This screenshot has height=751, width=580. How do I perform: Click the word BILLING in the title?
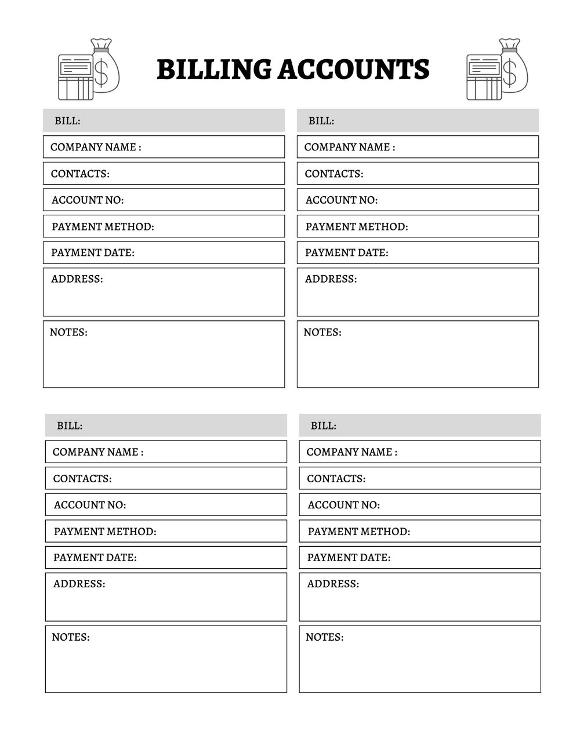point(213,70)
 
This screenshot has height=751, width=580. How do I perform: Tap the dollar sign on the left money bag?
point(101,73)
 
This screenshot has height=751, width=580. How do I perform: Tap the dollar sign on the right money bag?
point(509,73)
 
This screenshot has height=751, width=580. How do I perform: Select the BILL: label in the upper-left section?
point(67,121)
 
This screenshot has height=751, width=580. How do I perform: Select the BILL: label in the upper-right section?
point(321,121)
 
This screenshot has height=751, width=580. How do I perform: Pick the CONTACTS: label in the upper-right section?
point(334,174)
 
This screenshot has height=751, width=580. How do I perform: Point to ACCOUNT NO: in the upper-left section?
point(88,200)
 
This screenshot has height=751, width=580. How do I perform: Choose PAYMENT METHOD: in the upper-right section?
point(357,226)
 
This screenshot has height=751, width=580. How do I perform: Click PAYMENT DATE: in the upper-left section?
point(93,252)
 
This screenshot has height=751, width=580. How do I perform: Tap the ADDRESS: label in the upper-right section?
point(331,279)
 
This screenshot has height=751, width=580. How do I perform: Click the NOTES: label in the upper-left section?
point(68,333)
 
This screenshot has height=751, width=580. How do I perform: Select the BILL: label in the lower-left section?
point(70,425)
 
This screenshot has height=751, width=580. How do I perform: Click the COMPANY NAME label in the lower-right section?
point(351,452)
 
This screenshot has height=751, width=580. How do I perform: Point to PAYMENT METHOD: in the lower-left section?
point(105,531)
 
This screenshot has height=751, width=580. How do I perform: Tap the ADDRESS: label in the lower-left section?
point(79,584)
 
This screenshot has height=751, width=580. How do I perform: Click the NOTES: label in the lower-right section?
point(324,637)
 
